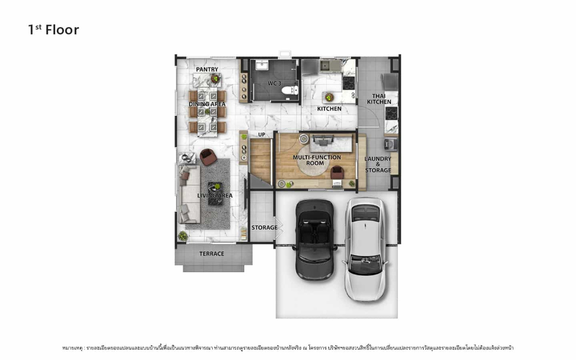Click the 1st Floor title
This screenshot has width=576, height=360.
[54, 30]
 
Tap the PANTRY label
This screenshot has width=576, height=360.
[207, 69]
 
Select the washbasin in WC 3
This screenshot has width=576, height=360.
[262, 65]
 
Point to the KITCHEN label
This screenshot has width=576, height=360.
[329, 109]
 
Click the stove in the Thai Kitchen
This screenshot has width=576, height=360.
[391, 114]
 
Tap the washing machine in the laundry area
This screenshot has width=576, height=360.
[390, 144]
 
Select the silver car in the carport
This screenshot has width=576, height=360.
[365, 249]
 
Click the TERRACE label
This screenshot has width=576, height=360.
[212, 254]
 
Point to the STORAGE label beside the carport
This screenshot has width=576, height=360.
[264, 228]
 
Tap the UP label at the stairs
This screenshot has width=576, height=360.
[261, 135]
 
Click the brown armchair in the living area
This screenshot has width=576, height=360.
[208, 157]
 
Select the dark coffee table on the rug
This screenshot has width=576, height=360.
[215, 193]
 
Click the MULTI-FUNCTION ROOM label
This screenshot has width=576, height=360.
[316, 160]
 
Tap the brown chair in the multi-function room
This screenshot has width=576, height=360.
[337, 172]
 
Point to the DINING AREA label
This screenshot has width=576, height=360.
[207, 104]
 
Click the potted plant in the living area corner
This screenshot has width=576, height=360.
[183, 236]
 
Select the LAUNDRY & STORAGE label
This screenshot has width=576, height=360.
[378, 165]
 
